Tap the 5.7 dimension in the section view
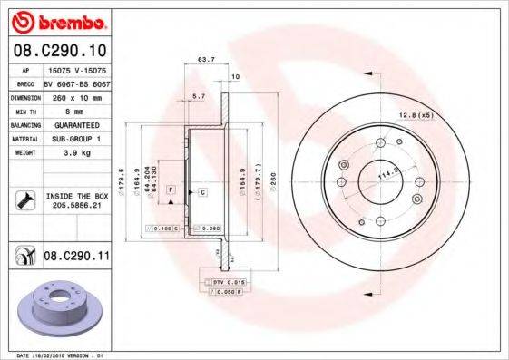tap(199, 95)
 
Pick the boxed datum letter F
tap(169, 188)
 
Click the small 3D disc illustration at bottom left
tap(55, 309)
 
